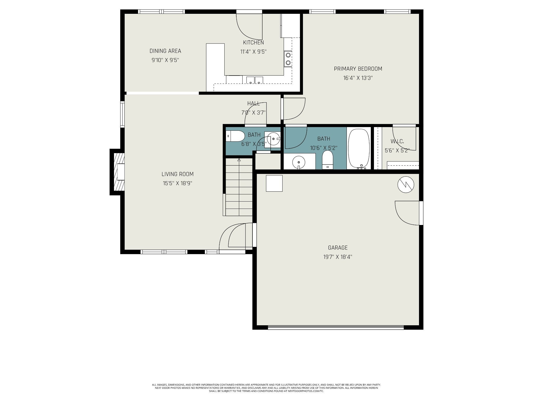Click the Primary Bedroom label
(x=358, y=69)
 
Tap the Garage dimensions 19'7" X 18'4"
(x=338, y=257)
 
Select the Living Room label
(x=177, y=174)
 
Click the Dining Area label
(x=165, y=51)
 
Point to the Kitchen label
(x=253, y=42)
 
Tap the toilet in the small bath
(x=235, y=136)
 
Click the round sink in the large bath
(x=299, y=162)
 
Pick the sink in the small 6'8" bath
(x=273, y=139)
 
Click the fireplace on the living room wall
(x=117, y=172)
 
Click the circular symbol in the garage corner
(x=406, y=185)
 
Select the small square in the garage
(x=274, y=183)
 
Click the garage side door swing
(x=407, y=213)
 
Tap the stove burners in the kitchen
(x=288, y=59)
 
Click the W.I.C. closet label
(x=397, y=141)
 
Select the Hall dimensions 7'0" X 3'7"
(x=253, y=113)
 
